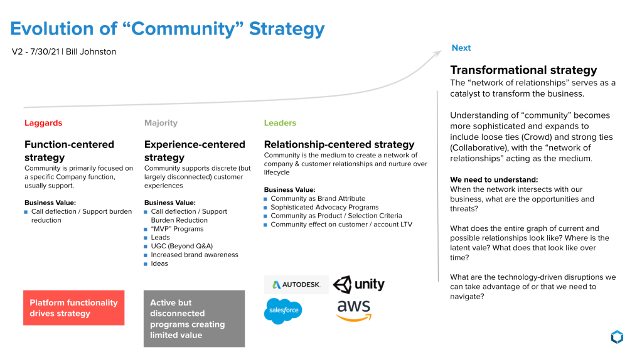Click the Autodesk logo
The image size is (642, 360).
[296, 285]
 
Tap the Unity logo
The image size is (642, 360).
[358, 284]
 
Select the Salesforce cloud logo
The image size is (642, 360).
[283, 311]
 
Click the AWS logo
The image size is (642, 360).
[354, 310]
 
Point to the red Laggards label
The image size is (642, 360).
[43, 123]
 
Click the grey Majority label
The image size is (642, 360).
[161, 123]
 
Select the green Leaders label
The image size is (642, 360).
[280, 123]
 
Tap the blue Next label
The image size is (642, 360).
[461, 48]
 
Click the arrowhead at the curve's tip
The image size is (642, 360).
[437, 53]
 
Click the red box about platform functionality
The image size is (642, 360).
[73, 308]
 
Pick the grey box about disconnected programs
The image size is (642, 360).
[194, 319]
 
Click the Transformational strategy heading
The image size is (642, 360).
[523, 70]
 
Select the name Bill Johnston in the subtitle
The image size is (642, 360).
[91, 52]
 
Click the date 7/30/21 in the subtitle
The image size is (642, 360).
[43, 52]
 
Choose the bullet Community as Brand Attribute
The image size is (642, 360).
[318, 199]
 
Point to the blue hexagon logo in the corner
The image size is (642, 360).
[616, 337]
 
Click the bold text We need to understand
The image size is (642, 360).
[494, 180]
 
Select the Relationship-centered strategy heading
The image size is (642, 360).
[339, 144]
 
